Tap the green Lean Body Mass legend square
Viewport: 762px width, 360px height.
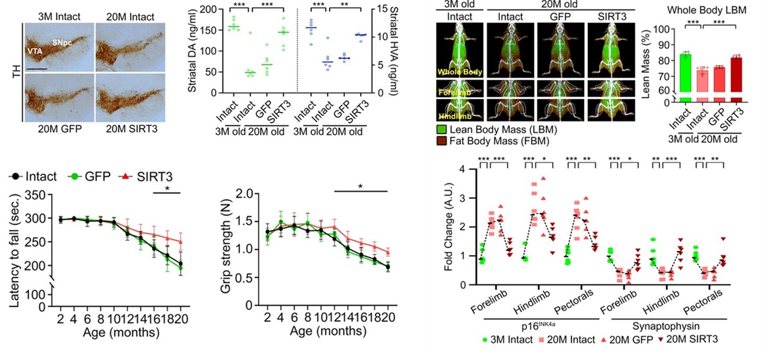[441, 129]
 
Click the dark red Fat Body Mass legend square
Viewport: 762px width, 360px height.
[441, 140]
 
